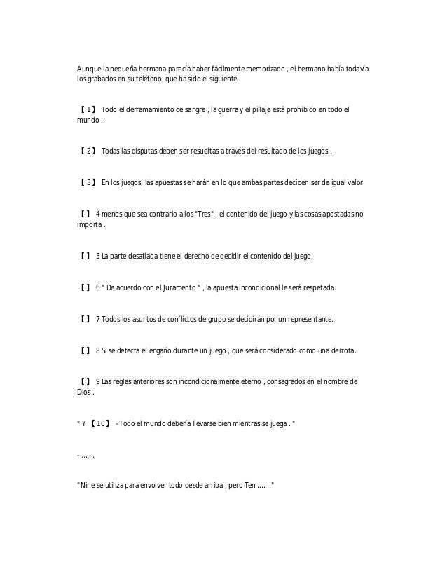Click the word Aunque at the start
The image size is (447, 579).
pyautogui.click(x=88, y=69)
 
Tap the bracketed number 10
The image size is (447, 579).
pyautogui.click(x=101, y=425)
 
